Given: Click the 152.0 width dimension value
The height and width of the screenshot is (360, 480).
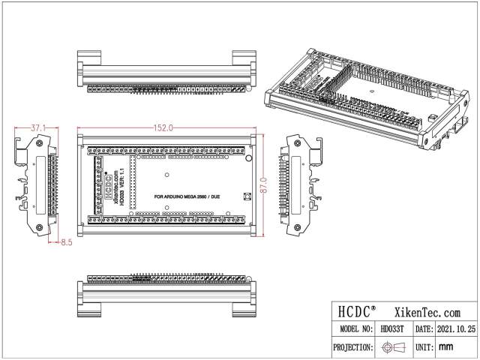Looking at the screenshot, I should point(164,128).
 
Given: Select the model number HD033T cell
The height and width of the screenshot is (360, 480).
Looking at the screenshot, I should point(391,329).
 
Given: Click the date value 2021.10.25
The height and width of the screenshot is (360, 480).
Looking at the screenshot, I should point(455,329).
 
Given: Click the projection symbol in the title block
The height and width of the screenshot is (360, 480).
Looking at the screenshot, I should point(391,347).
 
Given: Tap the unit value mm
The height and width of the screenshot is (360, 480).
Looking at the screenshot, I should point(446,347).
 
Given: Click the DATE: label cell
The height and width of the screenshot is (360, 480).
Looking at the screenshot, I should point(422,329).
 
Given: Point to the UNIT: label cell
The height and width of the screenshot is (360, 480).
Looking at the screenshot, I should point(422,347).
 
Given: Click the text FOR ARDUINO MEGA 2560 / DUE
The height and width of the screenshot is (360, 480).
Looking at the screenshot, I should point(187,196).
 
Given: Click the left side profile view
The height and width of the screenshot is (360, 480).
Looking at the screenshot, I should point(34,184).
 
